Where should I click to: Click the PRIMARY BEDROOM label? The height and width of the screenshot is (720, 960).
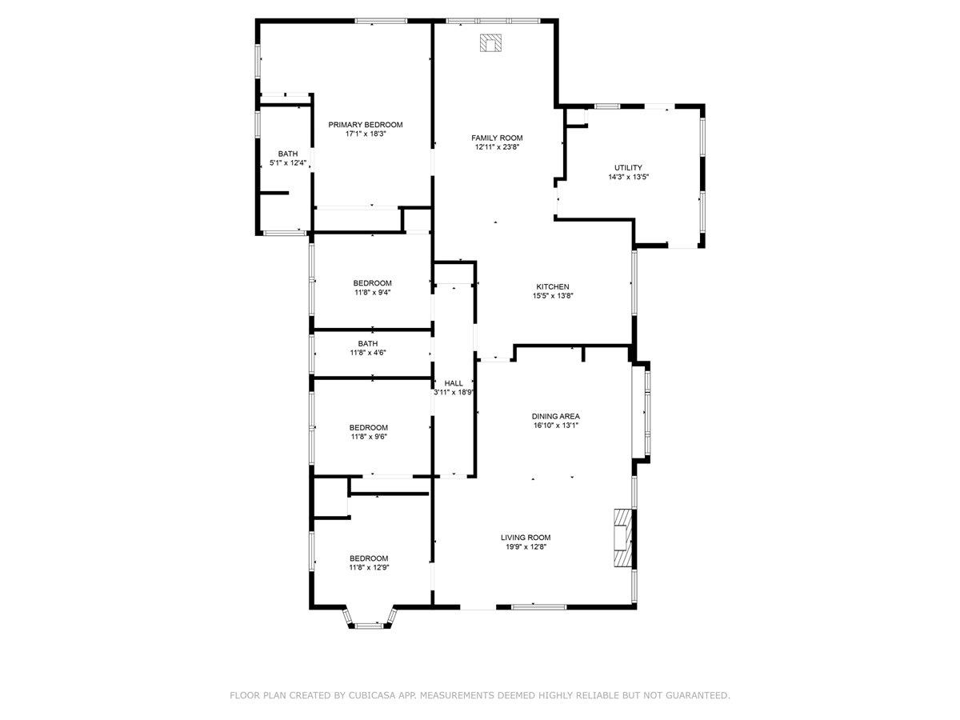coord(365,125)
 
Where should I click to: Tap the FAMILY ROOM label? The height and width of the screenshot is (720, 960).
coord(496,138)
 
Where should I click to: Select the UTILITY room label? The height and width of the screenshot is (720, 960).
coord(628,167)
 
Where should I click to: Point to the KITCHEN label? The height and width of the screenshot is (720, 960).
coord(552,286)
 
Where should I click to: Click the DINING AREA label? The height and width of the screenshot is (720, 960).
coord(555,416)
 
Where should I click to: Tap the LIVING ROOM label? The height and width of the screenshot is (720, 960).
coord(526,538)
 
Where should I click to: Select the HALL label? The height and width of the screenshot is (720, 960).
coord(454,383)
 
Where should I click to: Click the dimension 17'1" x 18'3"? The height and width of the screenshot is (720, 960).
coord(365,134)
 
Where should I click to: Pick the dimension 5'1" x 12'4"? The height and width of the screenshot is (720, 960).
coord(288,163)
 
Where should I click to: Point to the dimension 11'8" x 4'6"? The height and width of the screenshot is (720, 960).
coord(368,353)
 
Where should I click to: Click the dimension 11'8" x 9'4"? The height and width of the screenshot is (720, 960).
coord(372,293)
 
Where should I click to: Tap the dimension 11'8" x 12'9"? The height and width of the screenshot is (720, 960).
coord(369,567)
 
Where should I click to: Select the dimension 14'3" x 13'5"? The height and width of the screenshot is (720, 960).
coord(628,177)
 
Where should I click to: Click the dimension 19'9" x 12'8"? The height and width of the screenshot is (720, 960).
coord(526,547)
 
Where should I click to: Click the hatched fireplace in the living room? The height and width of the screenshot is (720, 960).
coord(622,538)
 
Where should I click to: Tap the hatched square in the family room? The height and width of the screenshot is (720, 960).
coord(490,43)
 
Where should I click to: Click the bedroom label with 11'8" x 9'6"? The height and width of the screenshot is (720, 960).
coord(369,427)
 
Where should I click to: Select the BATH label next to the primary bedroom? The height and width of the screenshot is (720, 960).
coord(288,154)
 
